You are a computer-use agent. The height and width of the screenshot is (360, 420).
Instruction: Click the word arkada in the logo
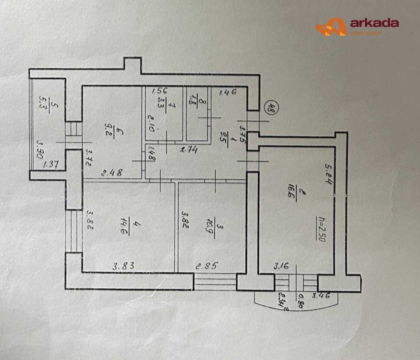(374, 23)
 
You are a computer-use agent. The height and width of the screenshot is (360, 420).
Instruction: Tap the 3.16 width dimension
(282, 266)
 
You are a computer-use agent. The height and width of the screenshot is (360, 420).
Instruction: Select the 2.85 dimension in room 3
(207, 266)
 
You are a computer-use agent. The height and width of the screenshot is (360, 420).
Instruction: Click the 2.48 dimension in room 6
(111, 172)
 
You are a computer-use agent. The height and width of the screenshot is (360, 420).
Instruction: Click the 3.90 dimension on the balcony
(40, 149)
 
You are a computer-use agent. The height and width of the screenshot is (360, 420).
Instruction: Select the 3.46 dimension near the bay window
(320, 296)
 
